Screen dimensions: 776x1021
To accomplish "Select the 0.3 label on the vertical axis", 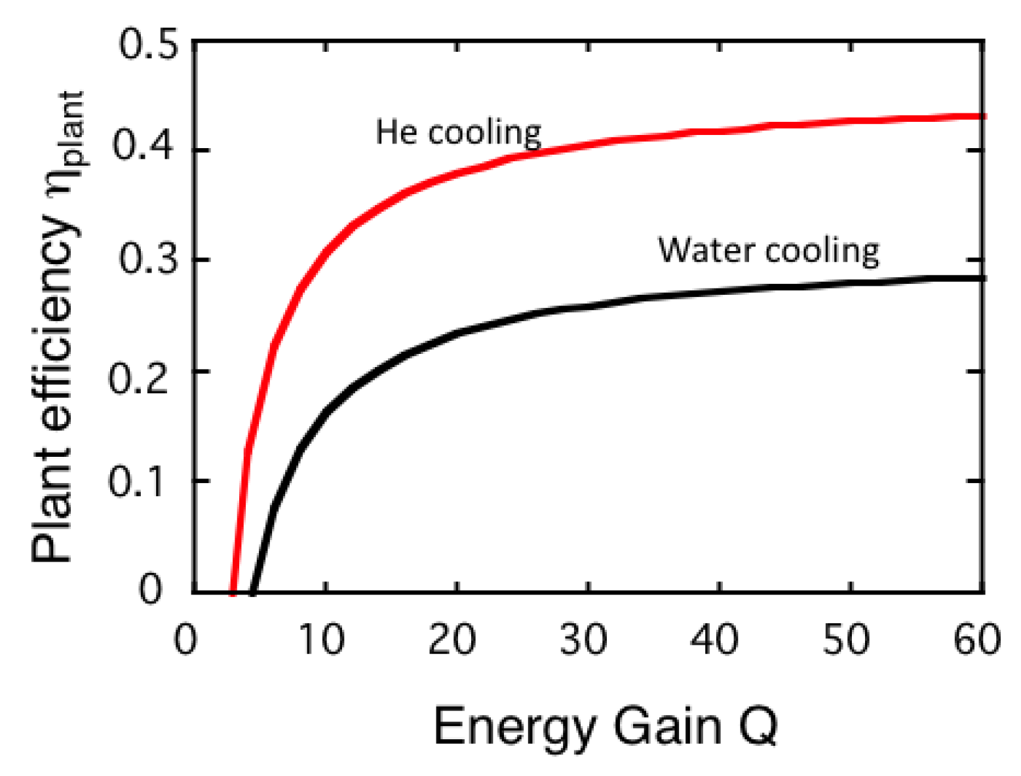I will [147, 259].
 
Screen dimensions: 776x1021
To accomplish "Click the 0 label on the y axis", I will [150, 589].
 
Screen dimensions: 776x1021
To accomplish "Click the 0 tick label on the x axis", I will [185, 639].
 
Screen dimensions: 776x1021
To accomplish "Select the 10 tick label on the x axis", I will [321, 639].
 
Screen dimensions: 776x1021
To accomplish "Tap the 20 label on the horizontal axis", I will [452, 639].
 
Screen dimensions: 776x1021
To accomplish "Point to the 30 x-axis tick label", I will [583, 639].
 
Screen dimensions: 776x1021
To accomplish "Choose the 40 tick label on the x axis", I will [715, 639].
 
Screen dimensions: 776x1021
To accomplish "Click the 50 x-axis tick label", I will [846, 639].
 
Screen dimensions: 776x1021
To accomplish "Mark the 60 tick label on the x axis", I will [977, 639].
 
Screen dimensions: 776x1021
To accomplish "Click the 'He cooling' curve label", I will [458, 133].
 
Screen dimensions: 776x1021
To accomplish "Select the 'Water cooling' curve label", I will [769, 251].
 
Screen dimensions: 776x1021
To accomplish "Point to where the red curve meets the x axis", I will [233, 592].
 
